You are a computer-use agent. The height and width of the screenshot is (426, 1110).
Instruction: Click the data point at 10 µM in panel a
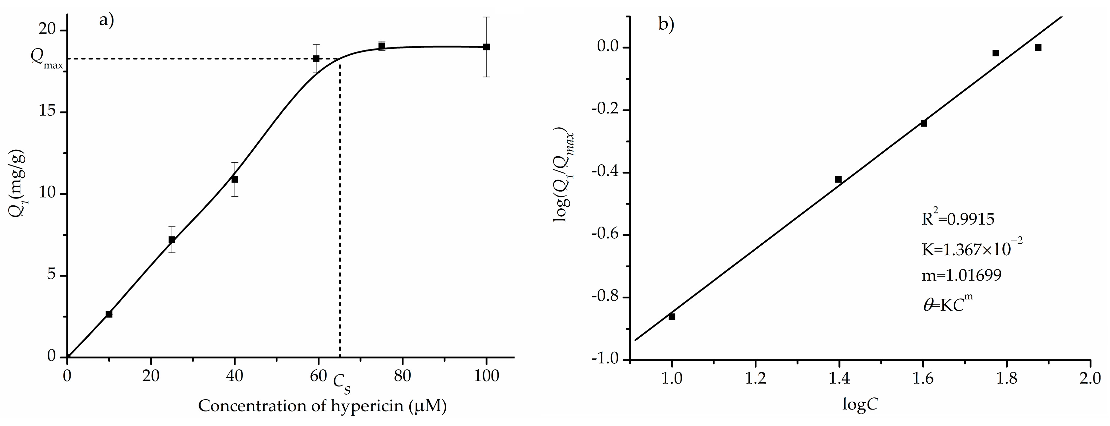[x=109, y=314]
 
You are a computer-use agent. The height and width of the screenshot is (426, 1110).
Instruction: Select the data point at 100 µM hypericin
[x=487, y=47]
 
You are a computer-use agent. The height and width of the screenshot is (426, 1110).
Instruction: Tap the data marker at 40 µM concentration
[x=235, y=179]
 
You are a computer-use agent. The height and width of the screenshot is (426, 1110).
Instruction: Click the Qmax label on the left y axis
[x=47, y=60]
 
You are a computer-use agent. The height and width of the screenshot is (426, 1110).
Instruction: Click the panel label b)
[x=666, y=24]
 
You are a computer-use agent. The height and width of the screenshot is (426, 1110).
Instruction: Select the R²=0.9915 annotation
[x=958, y=219]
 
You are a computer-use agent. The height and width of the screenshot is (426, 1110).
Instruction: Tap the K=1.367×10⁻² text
[x=972, y=249]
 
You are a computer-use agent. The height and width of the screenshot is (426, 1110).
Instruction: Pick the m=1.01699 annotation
[x=961, y=276]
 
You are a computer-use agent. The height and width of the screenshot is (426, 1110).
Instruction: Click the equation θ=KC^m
[x=948, y=304]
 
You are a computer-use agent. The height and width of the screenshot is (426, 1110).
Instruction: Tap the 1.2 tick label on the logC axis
[x=755, y=379]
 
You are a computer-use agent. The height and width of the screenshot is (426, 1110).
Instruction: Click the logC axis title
[x=860, y=405]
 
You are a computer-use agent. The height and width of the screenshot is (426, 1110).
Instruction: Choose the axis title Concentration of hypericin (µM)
[x=322, y=406]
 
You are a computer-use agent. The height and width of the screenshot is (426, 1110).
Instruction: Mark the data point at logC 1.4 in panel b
[x=839, y=179]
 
